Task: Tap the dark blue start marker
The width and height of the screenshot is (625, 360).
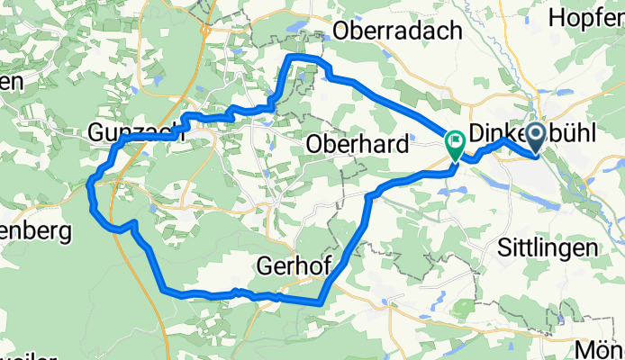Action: (535, 137)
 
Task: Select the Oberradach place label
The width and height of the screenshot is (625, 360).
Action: (397, 31)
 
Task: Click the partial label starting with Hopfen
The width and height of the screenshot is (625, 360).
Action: (586, 17)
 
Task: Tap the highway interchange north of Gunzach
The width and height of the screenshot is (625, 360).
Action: (206, 31)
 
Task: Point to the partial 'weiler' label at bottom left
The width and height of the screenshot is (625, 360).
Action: (23, 355)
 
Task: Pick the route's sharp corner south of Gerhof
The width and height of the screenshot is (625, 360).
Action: (320, 302)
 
